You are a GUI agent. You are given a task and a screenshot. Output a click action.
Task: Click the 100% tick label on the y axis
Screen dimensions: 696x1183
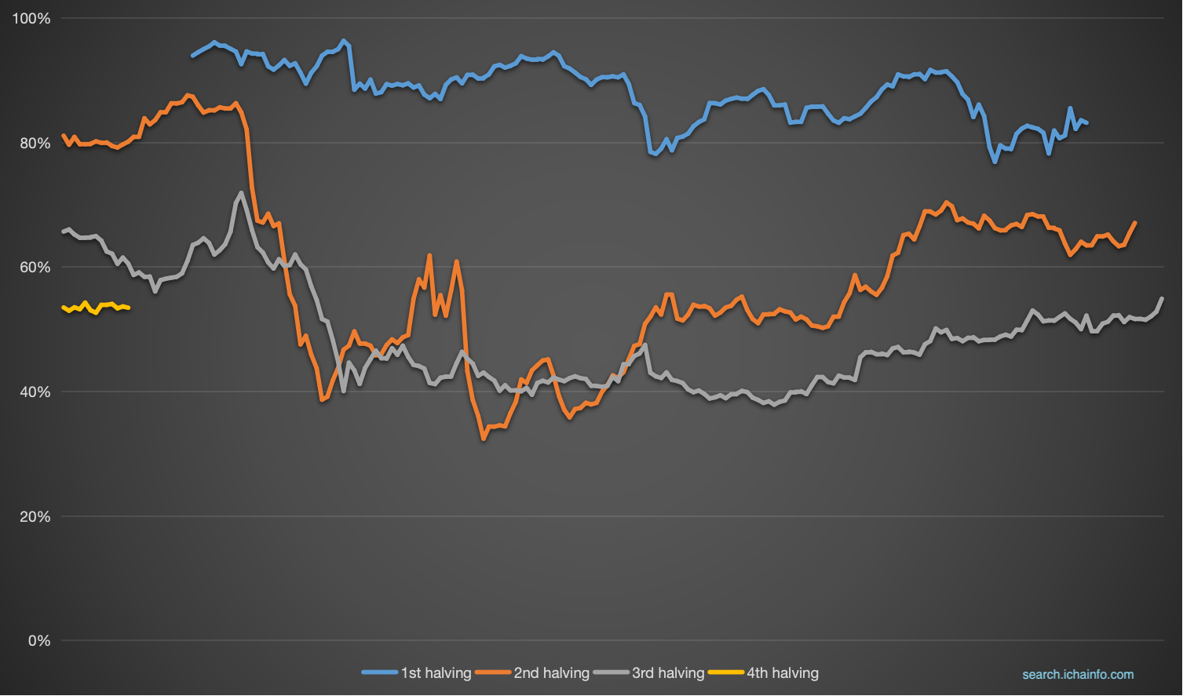pyautogui.click(x=31, y=19)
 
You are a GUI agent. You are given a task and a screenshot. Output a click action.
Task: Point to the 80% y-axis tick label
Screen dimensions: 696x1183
pyautogui.click(x=35, y=144)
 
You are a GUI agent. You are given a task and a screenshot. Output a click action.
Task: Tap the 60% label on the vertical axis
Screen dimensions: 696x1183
pyautogui.click(x=35, y=268)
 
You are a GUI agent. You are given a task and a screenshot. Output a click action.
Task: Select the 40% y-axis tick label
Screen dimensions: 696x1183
pyautogui.click(x=35, y=392)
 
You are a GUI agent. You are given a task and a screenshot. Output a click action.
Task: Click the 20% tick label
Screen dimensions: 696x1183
pyautogui.click(x=35, y=517)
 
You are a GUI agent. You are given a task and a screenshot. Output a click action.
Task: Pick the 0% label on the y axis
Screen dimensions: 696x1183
pyautogui.click(x=38, y=641)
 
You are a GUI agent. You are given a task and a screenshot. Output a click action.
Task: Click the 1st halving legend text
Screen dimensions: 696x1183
pyautogui.click(x=436, y=673)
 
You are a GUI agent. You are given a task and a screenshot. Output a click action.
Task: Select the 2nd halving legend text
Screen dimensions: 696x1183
pyautogui.click(x=551, y=673)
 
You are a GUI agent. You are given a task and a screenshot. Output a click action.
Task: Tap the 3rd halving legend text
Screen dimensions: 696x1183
pyautogui.click(x=668, y=673)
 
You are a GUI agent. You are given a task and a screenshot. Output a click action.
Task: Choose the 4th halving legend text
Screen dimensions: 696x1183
pyautogui.click(x=783, y=673)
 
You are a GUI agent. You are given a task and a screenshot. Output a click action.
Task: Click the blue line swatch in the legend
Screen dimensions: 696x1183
pyautogui.click(x=380, y=672)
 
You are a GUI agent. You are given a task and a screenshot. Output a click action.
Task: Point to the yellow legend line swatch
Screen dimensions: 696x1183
pyautogui.click(x=725, y=672)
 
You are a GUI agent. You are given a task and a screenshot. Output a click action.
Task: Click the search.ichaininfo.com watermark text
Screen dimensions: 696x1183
pyautogui.click(x=1078, y=675)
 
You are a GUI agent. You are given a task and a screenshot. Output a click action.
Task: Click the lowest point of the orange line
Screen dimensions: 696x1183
pyautogui.click(x=484, y=439)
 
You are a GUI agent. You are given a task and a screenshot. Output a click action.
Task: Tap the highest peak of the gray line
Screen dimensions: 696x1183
pyautogui.click(x=241, y=193)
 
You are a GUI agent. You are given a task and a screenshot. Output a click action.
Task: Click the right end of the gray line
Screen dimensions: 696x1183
pyautogui.click(x=1162, y=298)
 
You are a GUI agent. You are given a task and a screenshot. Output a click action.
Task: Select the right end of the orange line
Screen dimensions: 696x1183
pyautogui.click(x=1135, y=223)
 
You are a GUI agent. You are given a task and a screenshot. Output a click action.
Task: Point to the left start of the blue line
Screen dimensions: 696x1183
pyautogui.click(x=193, y=56)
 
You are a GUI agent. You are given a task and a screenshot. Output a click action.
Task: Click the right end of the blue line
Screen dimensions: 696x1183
pyautogui.click(x=1086, y=122)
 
